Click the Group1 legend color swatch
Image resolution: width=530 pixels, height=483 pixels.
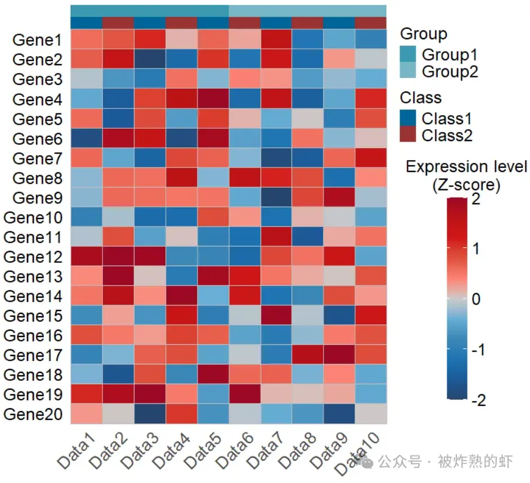point(409,54)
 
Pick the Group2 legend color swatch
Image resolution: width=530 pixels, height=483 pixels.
point(409,71)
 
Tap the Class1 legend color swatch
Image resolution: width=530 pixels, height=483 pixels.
point(409,118)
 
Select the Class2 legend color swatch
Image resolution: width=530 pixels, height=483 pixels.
point(409,135)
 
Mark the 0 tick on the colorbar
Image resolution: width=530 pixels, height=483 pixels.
point(476,299)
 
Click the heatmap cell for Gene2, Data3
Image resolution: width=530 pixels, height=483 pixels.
point(150,59)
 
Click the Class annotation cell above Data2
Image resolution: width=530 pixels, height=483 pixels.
point(118,22)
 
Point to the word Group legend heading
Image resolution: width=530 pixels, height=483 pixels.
point(423,34)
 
